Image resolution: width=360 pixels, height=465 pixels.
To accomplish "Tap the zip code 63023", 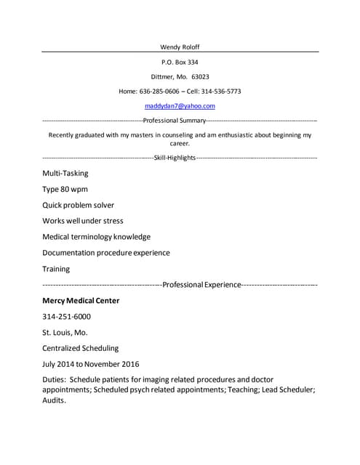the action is pyautogui.click(x=200, y=76).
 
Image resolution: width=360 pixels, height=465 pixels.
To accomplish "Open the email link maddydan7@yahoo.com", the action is pyautogui.click(x=180, y=106).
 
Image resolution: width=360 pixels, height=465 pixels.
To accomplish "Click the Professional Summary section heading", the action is pyautogui.click(x=175, y=120).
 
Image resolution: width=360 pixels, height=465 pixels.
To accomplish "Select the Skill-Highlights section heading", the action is pyautogui.click(x=175, y=157).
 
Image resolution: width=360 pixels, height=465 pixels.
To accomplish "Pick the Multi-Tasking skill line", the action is pyautogui.click(x=65, y=174).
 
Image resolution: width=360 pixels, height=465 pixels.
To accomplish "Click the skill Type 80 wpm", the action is pyautogui.click(x=65, y=190).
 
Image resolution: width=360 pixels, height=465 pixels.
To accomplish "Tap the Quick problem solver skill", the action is pyautogui.click(x=78, y=205).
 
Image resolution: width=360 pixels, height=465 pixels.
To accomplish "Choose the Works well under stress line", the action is pyautogui.click(x=82, y=221).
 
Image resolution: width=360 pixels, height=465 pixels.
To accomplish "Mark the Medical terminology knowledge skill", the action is pyautogui.click(x=96, y=237).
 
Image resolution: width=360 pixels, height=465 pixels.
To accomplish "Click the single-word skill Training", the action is pyautogui.click(x=56, y=269).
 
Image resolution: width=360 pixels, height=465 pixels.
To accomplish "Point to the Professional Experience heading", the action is pyautogui.click(x=201, y=285).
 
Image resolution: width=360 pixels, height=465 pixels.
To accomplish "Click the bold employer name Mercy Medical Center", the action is pyautogui.click(x=81, y=301).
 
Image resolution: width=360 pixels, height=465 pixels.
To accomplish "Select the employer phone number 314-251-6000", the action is pyautogui.click(x=66, y=317).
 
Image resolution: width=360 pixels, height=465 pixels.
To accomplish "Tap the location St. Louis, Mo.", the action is pyautogui.click(x=65, y=332).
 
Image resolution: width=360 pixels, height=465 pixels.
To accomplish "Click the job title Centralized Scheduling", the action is pyautogui.click(x=80, y=348).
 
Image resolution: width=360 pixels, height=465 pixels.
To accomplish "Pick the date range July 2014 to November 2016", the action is pyautogui.click(x=90, y=364).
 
